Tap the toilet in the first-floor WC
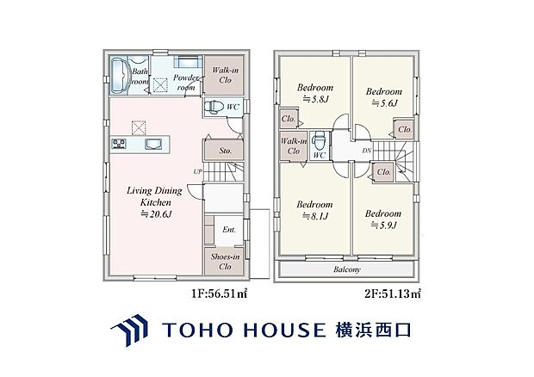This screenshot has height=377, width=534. coord(218,106)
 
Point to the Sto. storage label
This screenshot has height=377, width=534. coord(225,149)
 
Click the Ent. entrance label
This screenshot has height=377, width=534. coord(228,230)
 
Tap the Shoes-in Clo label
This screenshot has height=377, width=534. coord(225,259)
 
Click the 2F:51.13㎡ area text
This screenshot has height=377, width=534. coord(393,294)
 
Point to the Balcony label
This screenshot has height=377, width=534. coord(348,269)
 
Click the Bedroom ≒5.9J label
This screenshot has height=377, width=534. coord(382,219)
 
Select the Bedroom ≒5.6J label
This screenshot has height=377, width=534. coord(383,96)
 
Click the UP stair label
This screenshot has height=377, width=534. coord(198,172)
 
